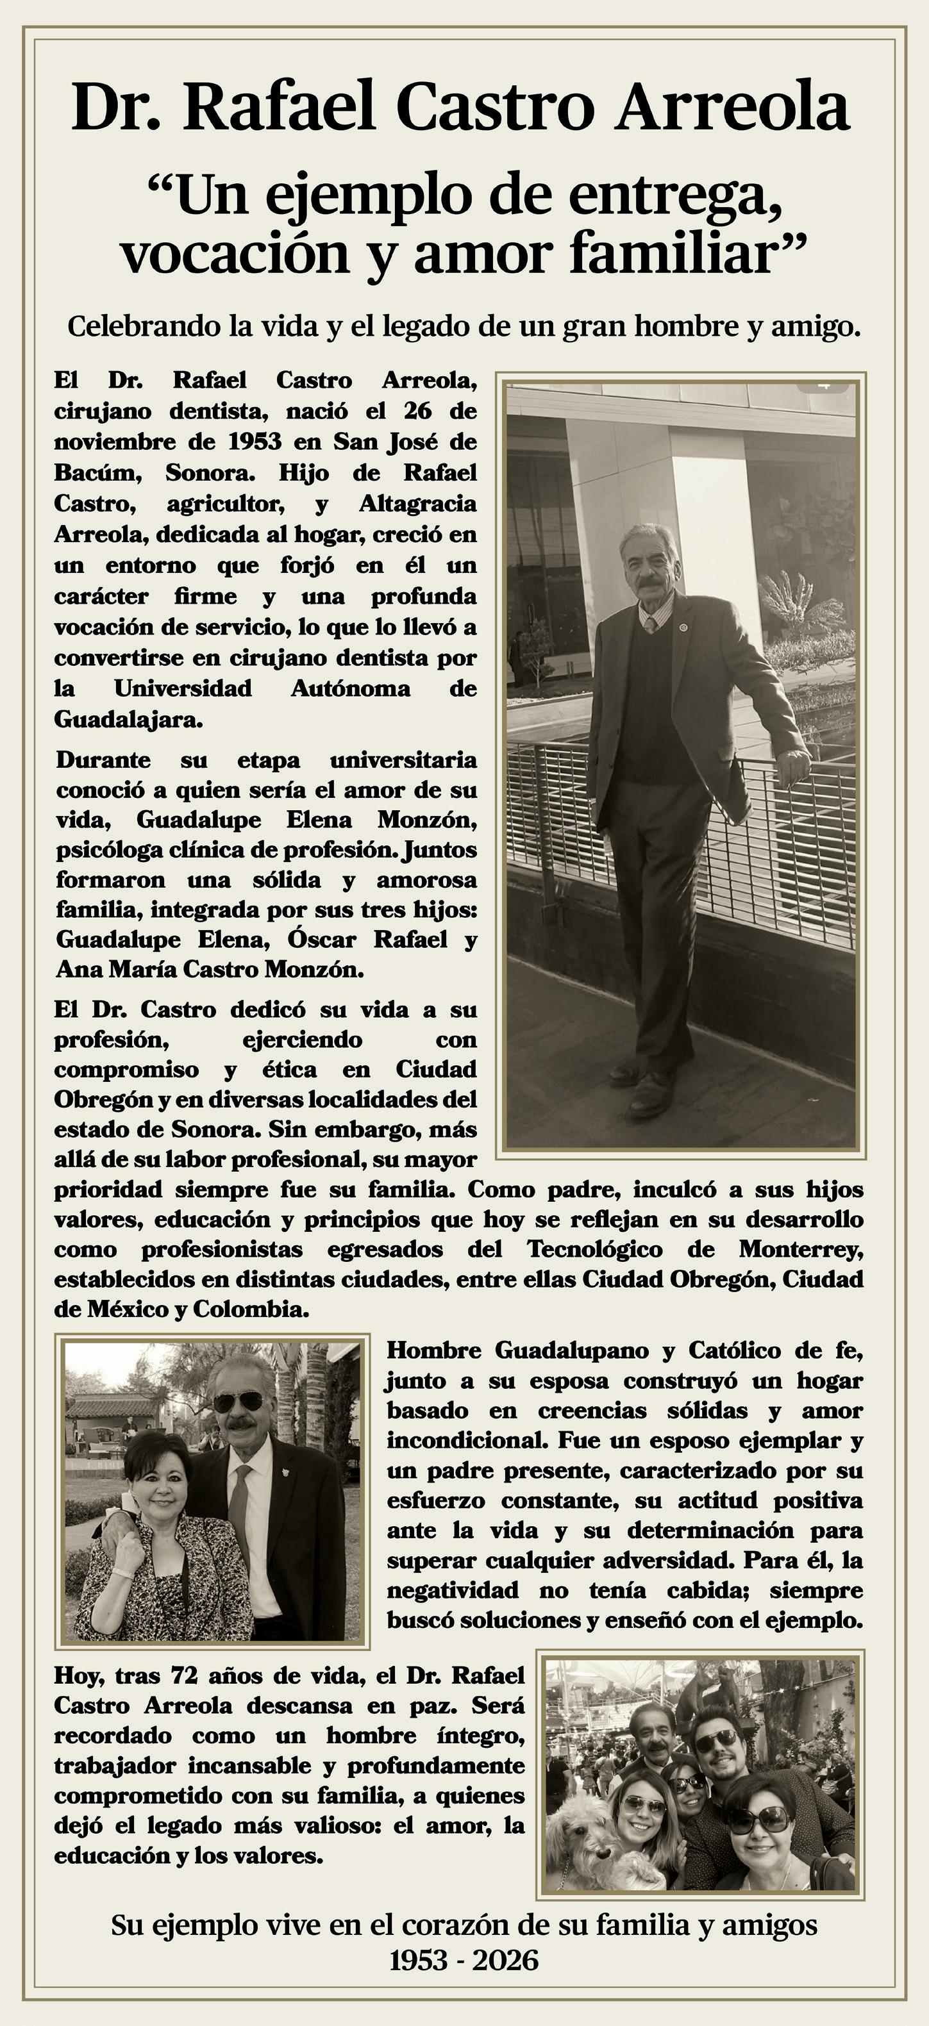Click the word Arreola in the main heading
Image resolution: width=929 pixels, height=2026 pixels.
(x=733, y=107)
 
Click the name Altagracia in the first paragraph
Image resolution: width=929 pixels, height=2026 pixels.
(x=417, y=503)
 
